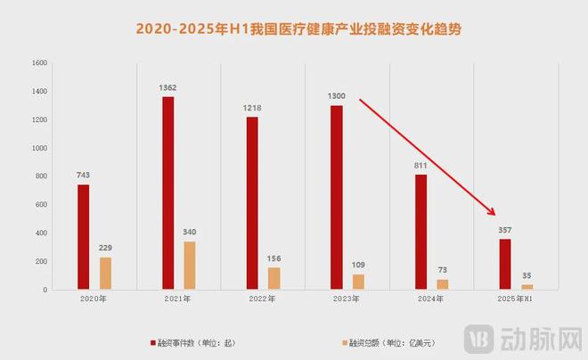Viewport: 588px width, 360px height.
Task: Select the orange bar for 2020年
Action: coord(106,273)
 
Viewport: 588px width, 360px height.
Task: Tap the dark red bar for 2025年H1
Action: coord(505,264)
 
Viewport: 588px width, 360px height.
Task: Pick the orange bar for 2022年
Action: coord(274,278)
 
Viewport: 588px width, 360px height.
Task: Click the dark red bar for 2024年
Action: coord(421,232)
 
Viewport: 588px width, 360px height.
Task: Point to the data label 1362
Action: coord(168,87)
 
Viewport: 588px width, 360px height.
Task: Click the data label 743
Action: coord(83,176)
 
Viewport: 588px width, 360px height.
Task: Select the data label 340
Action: coord(191,233)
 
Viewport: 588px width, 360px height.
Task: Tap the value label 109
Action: coord(358,266)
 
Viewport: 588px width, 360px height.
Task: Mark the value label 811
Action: coord(421,166)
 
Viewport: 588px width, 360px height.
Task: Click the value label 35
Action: coord(527,276)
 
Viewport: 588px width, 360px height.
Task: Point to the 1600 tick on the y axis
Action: coord(37,63)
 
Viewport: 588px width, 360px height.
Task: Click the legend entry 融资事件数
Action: coord(183,342)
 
